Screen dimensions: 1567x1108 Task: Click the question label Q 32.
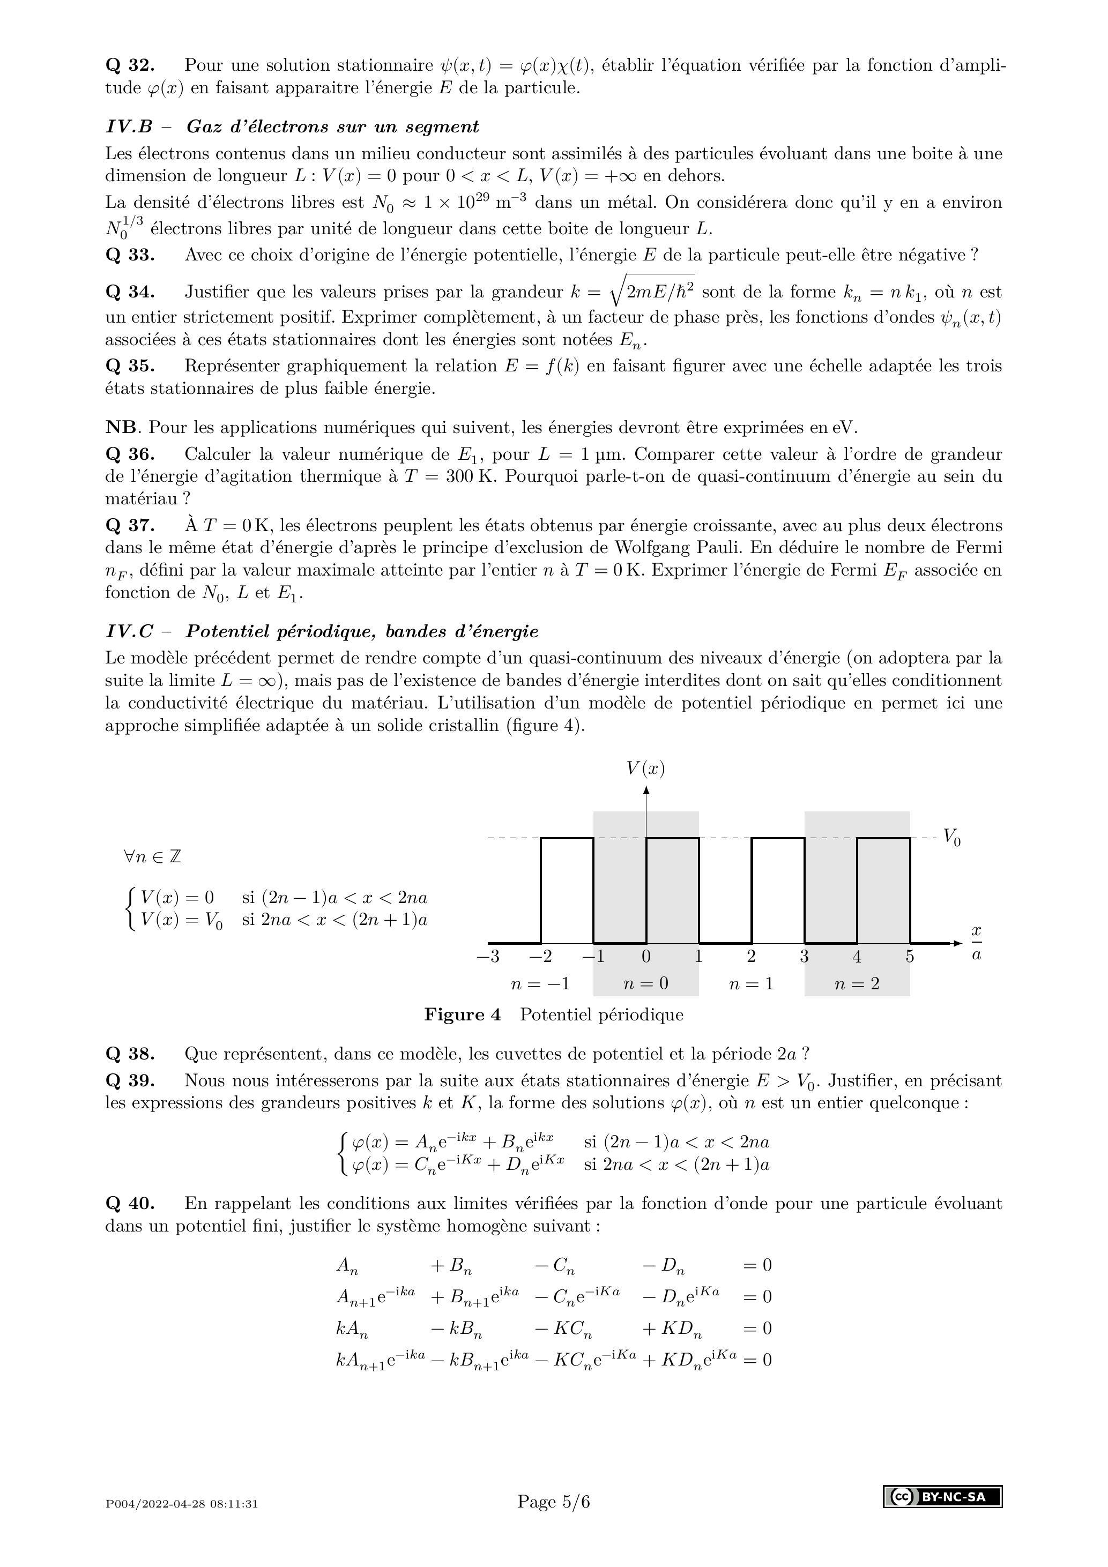130,65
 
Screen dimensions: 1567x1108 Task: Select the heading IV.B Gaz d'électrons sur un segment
292,127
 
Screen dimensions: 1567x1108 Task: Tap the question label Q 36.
130,454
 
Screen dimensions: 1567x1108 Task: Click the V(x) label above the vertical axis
645,768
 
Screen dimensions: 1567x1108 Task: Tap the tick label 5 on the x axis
910,957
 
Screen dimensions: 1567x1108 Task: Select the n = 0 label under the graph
646,983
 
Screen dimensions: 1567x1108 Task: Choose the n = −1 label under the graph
540,983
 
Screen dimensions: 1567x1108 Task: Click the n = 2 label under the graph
857,983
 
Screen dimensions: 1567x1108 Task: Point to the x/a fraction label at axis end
976,943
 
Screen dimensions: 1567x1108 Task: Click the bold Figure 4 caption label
462,1015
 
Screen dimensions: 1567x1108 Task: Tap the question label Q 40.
130,1203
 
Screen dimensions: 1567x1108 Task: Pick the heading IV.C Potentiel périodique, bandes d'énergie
322,631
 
